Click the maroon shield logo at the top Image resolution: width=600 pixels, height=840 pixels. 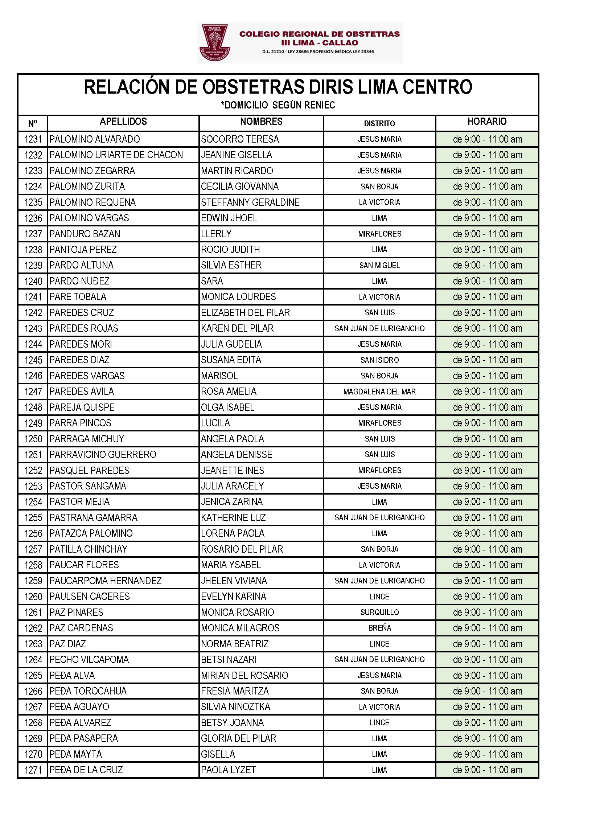pyautogui.click(x=215, y=42)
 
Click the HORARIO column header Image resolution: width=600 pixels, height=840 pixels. pyautogui.click(x=486, y=122)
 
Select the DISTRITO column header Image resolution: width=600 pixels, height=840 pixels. pyautogui.click(x=379, y=123)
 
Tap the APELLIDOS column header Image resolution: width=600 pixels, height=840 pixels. pyautogui.click(x=123, y=122)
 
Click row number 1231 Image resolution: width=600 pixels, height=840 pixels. pyautogui.click(x=33, y=140)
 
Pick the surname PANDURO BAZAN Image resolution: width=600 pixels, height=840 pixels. pyautogui.click(x=85, y=234)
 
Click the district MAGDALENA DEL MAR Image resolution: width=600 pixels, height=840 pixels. pyautogui.click(x=379, y=392)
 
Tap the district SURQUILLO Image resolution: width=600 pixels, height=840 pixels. pyautogui.click(x=379, y=612)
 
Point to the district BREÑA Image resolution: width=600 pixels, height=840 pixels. pyautogui.click(x=379, y=628)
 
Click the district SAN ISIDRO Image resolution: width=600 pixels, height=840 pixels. pyautogui.click(x=379, y=360)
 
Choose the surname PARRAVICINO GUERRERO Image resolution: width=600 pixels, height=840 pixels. pyautogui.click(x=103, y=455)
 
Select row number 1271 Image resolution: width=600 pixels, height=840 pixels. pyautogui.click(x=33, y=770)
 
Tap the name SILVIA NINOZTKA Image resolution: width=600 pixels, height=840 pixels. pyautogui.click(x=235, y=707)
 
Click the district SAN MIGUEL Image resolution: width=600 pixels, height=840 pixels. pyautogui.click(x=379, y=265)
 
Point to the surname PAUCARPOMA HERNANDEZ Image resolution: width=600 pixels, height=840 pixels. pyautogui.click(x=105, y=581)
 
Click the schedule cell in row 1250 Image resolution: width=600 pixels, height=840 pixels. pyautogui.click(x=487, y=439)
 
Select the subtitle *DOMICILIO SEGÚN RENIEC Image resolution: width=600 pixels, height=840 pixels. pyautogui.click(x=278, y=105)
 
